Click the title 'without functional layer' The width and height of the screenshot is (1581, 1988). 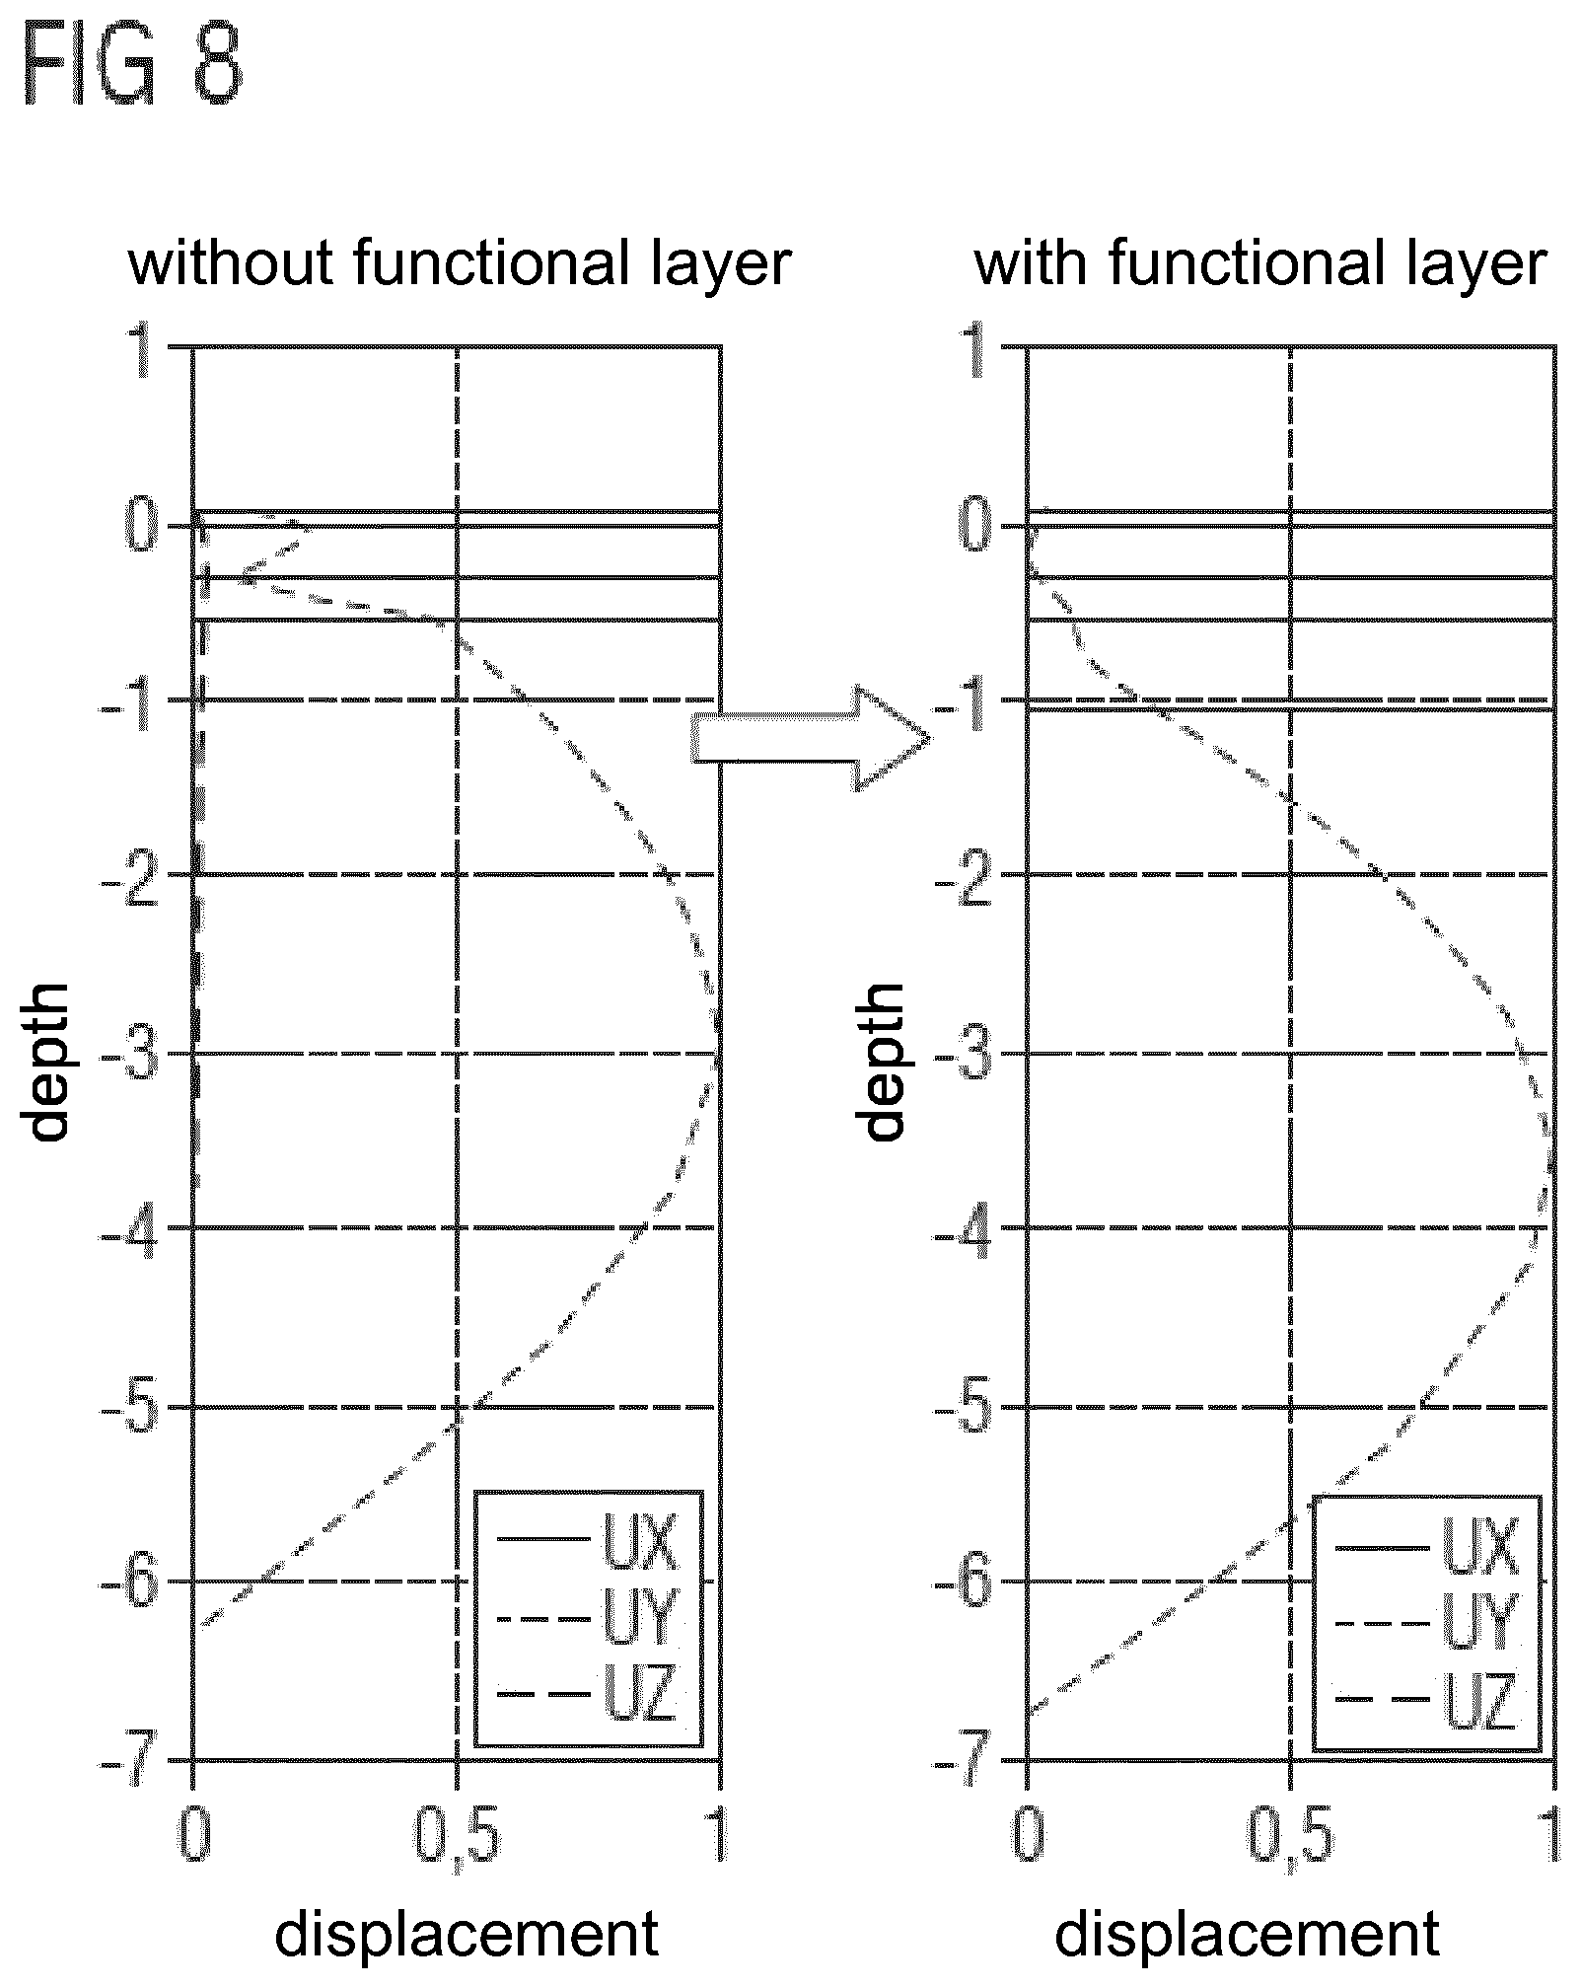(460, 263)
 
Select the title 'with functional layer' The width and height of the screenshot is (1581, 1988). (1259, 263)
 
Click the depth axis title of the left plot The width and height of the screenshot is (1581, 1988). (47, 1062)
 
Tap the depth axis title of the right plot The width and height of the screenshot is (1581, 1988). (882, 1062)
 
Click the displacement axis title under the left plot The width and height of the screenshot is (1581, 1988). (467, 1934)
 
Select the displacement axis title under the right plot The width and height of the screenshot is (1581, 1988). (1247, 1934)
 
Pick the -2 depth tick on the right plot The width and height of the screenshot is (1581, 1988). (962, 876)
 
